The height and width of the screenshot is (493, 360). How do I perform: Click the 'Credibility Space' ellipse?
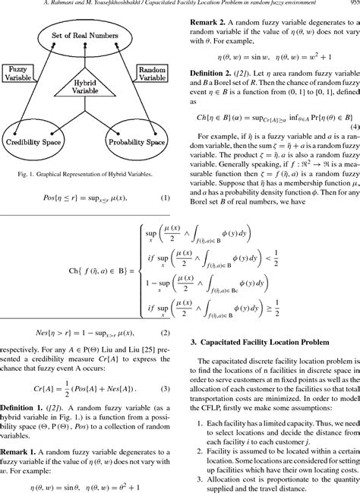tap(38, 142)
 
